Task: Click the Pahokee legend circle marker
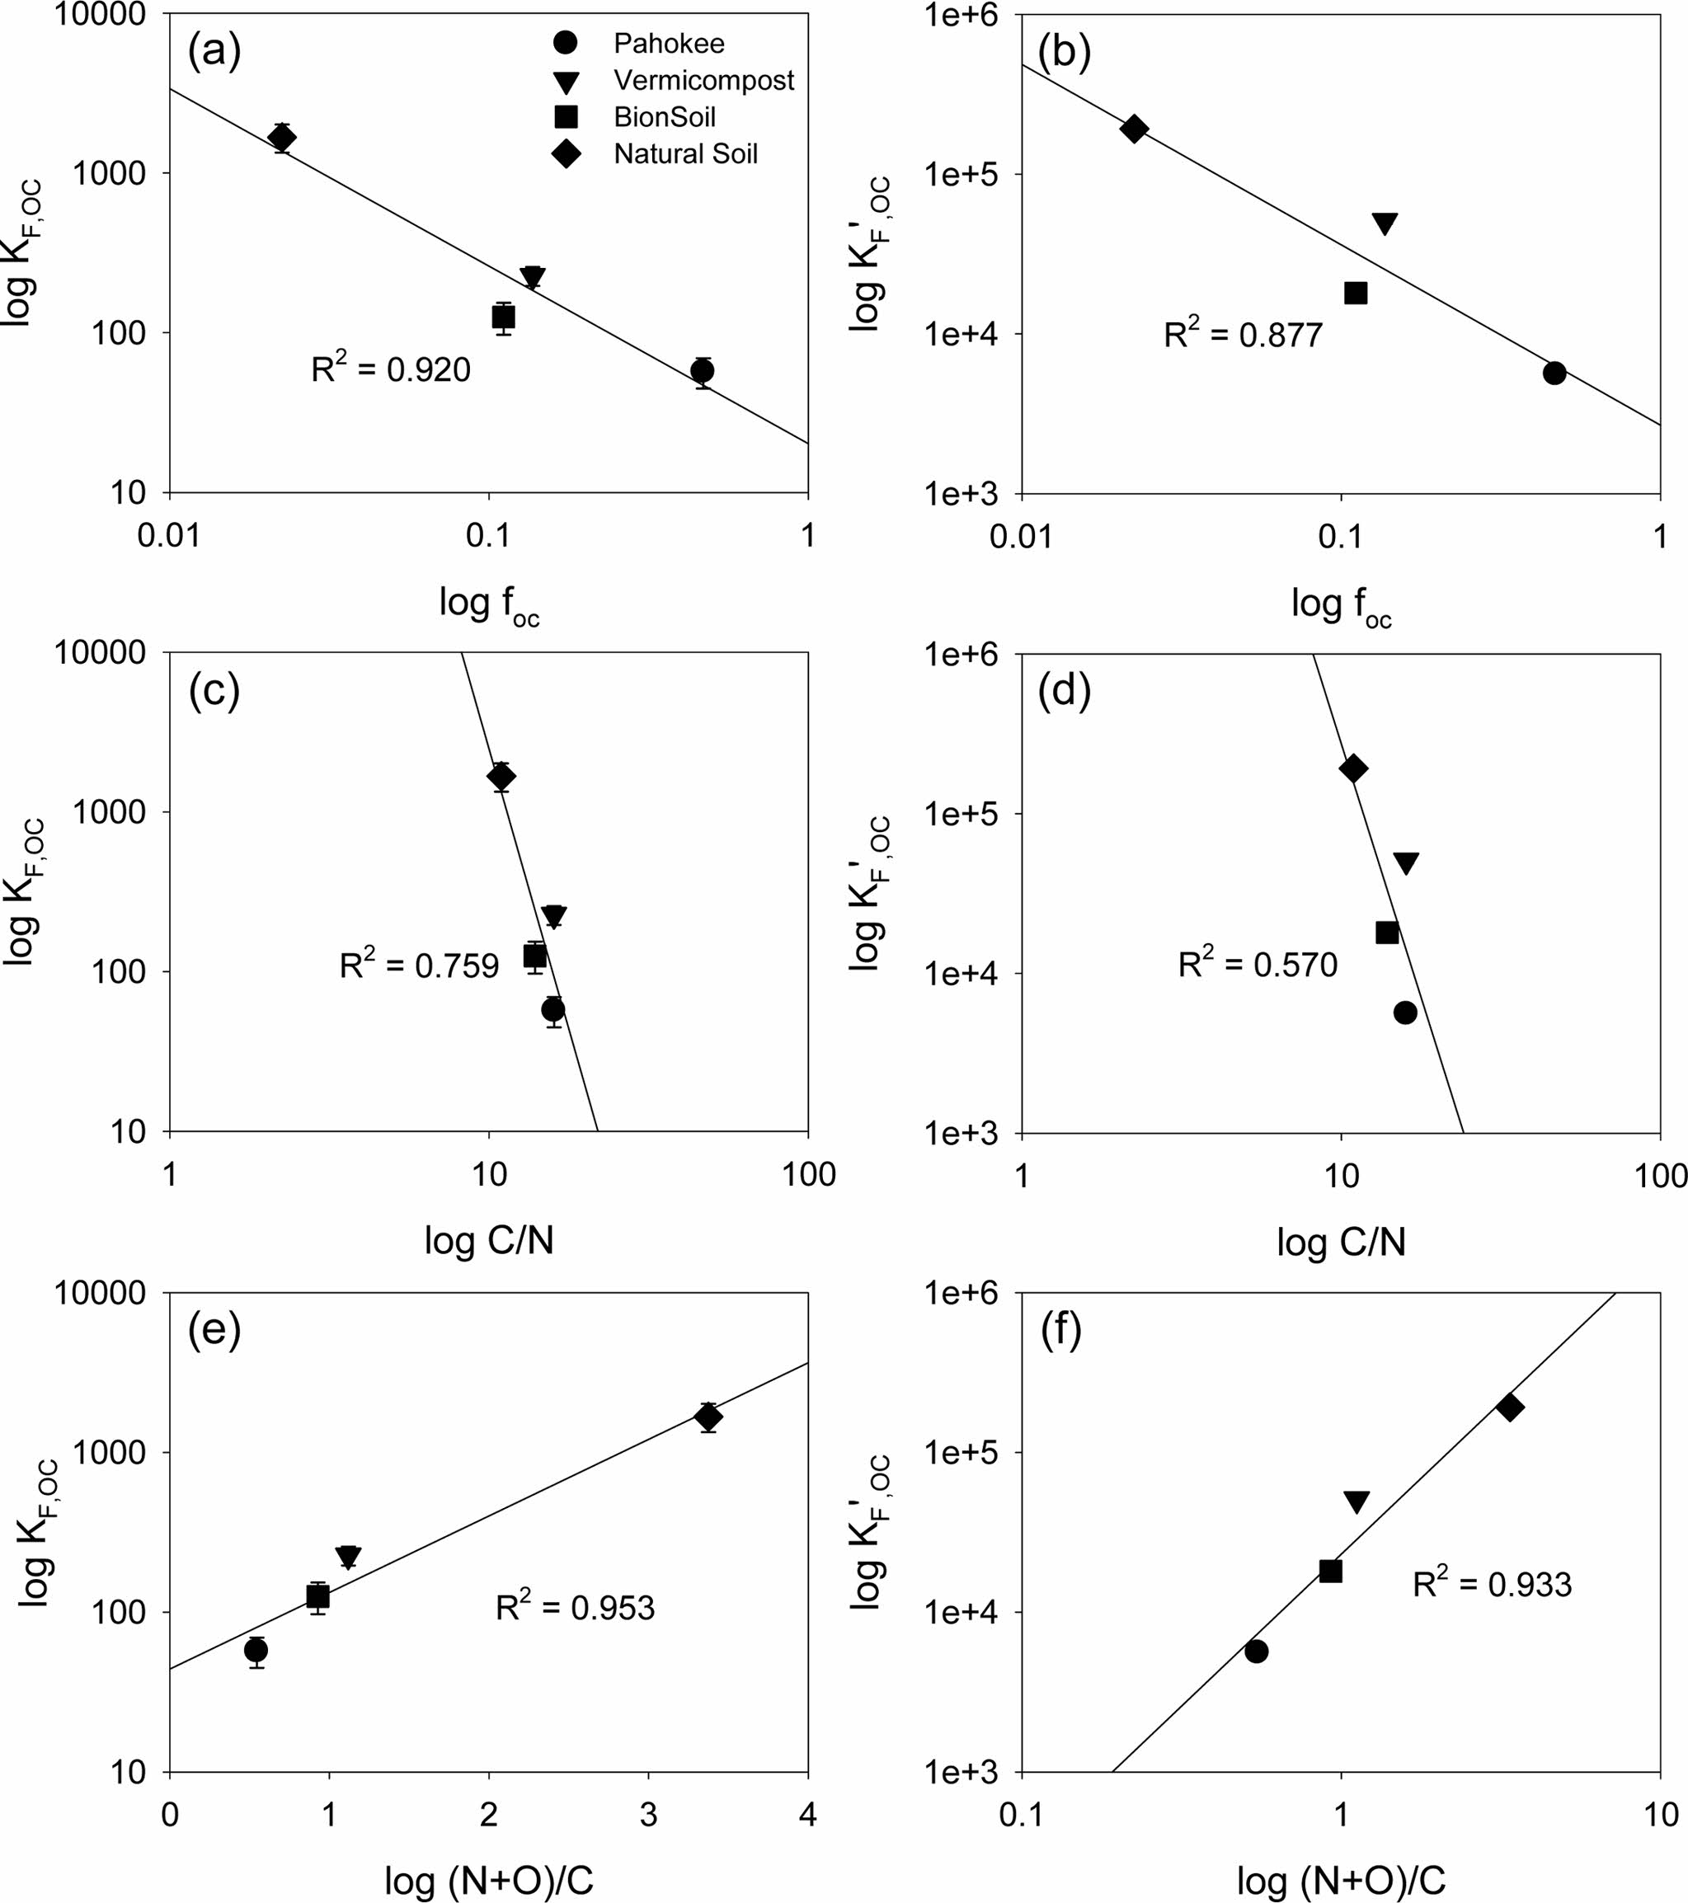[565, 43]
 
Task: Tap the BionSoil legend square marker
[565, 116]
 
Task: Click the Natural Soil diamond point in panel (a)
[281, 138]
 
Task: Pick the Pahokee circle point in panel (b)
[1554, 374]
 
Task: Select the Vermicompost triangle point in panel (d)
[1406, 863]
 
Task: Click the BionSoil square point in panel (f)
[1330, 1572]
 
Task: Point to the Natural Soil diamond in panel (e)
[708, 1417]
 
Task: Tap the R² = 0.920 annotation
[391, 369]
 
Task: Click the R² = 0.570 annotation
[1257, 964]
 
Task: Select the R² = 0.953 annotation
[575, 1608]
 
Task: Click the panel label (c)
[214, 691]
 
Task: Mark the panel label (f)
[1063, 1332]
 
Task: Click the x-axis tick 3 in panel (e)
[649, 1815]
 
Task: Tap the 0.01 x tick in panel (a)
[168, 536]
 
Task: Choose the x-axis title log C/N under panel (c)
[489, 1240]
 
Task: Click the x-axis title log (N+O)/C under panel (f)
[1341, 1881]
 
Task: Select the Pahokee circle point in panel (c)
[553, 1009]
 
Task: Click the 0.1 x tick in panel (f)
[1022, 1815]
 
